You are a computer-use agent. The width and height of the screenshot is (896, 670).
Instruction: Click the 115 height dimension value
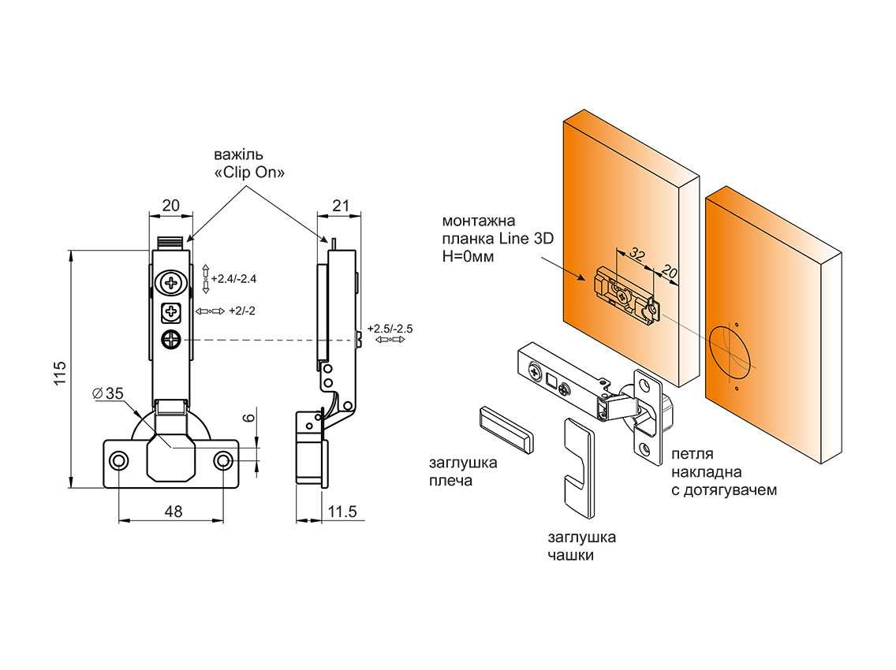(x=61, y=373)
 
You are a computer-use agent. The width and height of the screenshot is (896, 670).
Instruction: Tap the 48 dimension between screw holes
(x=174, y=512)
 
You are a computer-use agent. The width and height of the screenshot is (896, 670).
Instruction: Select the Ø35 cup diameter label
(x=108, y=393)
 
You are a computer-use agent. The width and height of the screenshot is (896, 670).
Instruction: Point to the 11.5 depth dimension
(x=342, y=512)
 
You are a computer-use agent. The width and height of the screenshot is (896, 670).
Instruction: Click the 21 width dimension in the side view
(x=341, y=206)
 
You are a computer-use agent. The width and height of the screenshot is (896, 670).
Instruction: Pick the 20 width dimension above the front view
(x=171, y=206)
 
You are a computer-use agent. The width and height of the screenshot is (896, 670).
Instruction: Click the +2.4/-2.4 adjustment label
(x=233, y=279)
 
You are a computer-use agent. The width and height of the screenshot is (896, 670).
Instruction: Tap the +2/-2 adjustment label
(x=241, y=311)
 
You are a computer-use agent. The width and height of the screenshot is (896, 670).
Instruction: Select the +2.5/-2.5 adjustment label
(x=390, y=329)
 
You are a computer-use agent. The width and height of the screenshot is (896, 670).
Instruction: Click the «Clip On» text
(x=249, y=173)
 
